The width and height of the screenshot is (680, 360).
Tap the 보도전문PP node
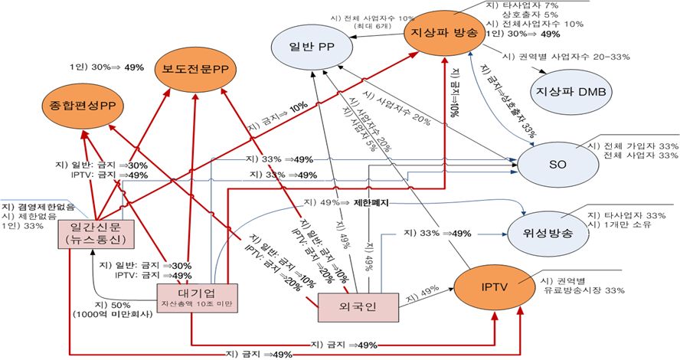196,69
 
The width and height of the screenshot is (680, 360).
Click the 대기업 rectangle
198,298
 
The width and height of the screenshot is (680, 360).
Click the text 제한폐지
372,203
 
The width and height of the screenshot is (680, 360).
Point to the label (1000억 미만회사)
110,314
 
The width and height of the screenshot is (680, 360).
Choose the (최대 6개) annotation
370,27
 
